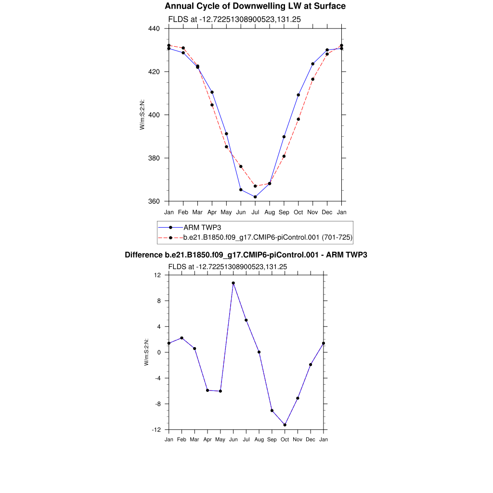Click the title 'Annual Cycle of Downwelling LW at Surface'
[255, 6]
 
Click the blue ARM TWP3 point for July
[255, 197]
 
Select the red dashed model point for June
[241, 167]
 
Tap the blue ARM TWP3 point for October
[298, 95]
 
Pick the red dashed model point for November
[313, 79]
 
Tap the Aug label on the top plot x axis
[270, 212]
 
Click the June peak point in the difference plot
[234, 283]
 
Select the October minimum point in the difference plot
[285, 425]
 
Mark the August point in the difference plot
[259, 352]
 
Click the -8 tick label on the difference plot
[156, 404]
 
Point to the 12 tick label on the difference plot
[157, 275]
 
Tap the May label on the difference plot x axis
[221, 440]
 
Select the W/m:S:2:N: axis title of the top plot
[143, 115]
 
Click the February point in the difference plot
[182, 338]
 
